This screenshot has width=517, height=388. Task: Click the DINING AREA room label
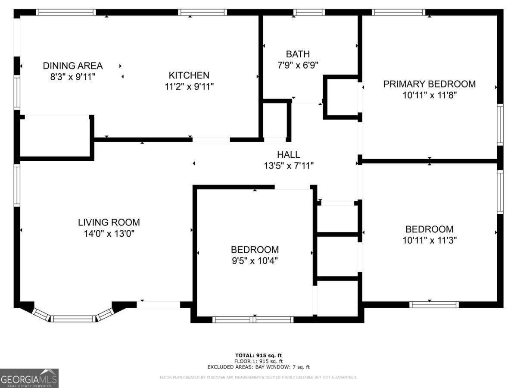(72, 66)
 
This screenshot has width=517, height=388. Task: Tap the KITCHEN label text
(189, 75)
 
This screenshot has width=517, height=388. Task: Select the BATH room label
(298, 54)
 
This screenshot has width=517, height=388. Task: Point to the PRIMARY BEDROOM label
(429, 84)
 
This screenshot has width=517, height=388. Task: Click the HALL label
(288, 155)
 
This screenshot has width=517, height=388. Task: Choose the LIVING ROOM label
(109, 222)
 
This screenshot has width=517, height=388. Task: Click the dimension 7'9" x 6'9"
(298, 65)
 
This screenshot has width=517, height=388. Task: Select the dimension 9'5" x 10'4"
(255, 260)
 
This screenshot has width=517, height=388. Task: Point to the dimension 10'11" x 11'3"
(429, 240)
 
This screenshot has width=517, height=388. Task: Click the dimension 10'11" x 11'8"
(429, 95)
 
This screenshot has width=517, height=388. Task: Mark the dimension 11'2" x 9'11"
(189, 86)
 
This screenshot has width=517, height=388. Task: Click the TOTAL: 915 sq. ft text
(258, 355)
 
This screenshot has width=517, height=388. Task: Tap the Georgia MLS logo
(29, 378)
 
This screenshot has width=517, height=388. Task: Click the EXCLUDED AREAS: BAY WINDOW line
(258, 367)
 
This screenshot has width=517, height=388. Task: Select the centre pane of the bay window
(73, 319)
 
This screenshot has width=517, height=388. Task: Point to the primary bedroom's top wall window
(399, 12)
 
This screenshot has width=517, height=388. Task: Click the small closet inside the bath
(342, 97)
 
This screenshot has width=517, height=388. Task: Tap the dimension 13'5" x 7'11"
(288, 165)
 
